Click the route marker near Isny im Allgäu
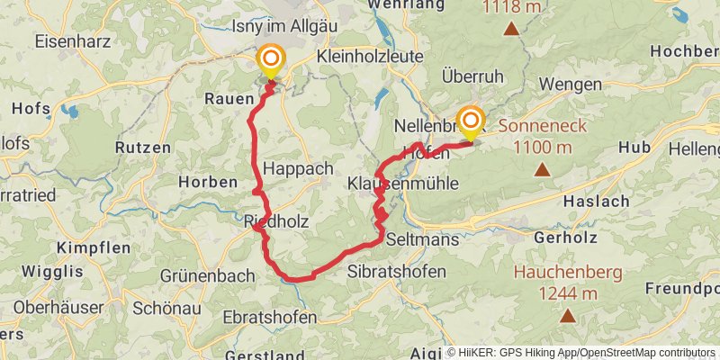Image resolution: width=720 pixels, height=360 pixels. pos(270,60)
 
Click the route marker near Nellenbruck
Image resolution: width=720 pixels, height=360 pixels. pos(470,121)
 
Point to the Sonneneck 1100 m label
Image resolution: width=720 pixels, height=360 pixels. pos(540,137)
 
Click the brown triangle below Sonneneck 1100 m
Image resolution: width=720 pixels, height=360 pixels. pos(542,169)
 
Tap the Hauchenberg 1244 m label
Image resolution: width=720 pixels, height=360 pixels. pos(556,282)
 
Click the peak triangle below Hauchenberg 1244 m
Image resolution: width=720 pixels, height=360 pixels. pos(568,316)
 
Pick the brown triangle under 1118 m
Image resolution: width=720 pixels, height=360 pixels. pos(511,29)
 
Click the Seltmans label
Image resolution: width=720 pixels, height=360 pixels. pos(422,240)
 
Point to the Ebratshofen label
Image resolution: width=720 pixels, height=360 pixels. pos(269,318)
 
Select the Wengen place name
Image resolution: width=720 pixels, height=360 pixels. pos(571,84)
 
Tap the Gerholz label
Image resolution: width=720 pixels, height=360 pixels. pos(566,240)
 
